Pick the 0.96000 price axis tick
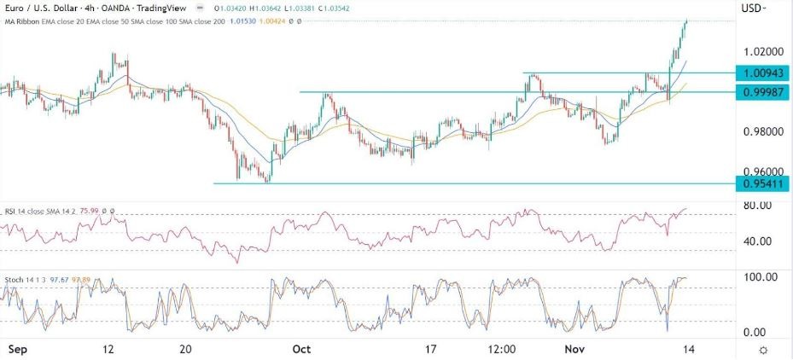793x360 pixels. point(758,170)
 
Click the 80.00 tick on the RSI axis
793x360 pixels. point(756,205)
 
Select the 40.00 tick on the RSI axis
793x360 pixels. point(756,241)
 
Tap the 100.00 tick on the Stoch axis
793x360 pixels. point(758,278)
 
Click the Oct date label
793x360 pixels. point(301,349)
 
